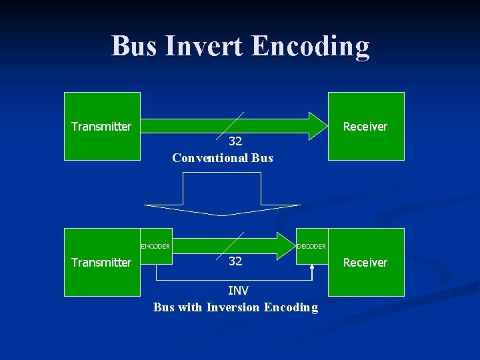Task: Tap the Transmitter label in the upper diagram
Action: pyautogui.click(x=101, y=127)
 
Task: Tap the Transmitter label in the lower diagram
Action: pyautogui.click(x=101, y=263)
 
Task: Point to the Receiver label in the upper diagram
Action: pyautogui.click(x=365, y=127)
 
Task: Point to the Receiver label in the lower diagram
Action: pyautogui.click(x=365, y=263)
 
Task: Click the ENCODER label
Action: pyautogui.click(x=155, y=246)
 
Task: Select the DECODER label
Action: pyautogui.click(x=311, y=246)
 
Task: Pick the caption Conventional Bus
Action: pyautogui.click(x=223, y=158)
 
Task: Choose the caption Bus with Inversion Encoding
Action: pyautogui.click(x=235, y=307)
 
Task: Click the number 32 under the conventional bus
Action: pyautogui.click(x=235, y=141)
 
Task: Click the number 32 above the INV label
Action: pyautogui.click(x=235, y=261)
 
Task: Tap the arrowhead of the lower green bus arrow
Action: pyautogui.click(x=287, y=245)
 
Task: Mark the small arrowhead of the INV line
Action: pyautogui.click(x=312, y=268)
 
